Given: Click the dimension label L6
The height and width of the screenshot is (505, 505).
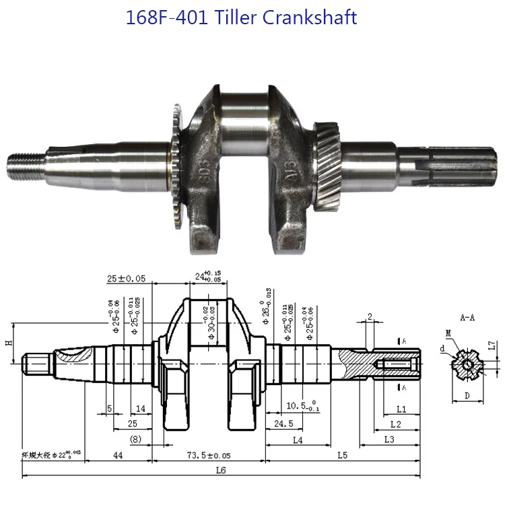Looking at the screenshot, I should click(x=221, y=471).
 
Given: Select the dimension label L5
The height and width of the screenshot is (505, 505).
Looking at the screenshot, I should click(x=341, y=456).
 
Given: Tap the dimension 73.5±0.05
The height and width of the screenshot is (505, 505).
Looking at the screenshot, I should click(x=209, y=456).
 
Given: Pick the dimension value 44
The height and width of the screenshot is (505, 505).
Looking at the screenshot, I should click(x=118, y=456).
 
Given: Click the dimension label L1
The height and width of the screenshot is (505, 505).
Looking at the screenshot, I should click(x=401, y=408).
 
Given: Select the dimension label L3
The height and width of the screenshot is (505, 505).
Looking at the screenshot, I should click(x=389, y=439).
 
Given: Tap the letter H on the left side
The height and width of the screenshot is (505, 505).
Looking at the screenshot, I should click(x=8, y=343).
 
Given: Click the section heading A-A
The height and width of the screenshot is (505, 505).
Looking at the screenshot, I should click(x=467, y=316).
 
